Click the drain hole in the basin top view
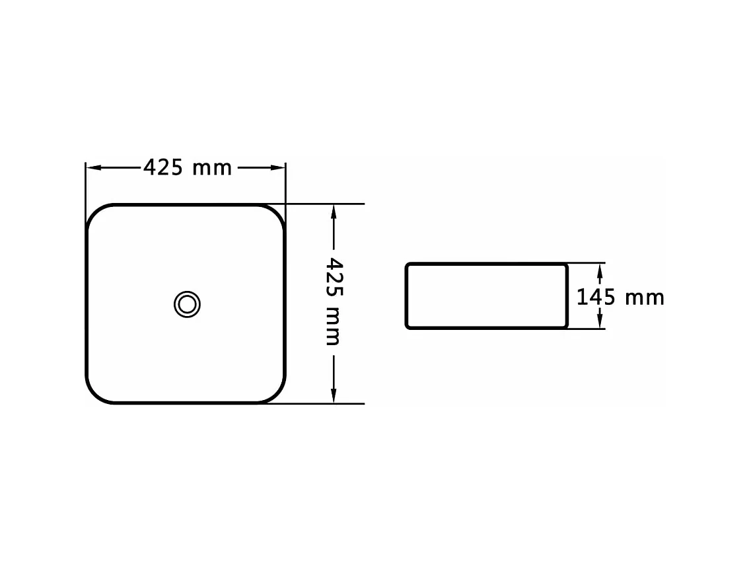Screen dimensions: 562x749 (x=187, y=304)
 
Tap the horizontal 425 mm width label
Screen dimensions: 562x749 (x=188, y=168)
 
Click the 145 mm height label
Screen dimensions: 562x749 (x=620, y=298)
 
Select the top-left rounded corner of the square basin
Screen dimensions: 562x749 (x=96, y=214)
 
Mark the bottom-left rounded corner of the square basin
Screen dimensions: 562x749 (x=96, y=393)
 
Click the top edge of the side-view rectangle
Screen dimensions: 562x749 (x=486, y=264)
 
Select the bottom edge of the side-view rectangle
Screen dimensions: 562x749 (x=486, y=327)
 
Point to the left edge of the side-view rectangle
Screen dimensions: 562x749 (x=406, y=296)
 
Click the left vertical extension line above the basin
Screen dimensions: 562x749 (x=86, y=185)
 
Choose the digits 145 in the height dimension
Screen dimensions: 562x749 (x=596, y=298)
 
